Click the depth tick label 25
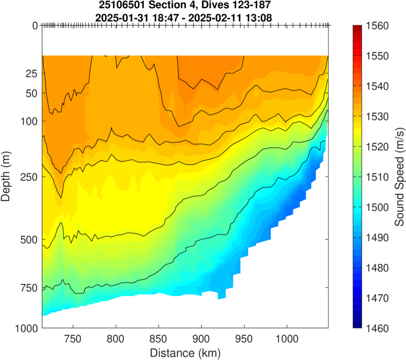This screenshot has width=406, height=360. click(x=32, y=74)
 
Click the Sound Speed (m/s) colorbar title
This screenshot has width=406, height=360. click(x=399, y=177)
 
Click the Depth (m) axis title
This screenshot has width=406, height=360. click(x=7, y=177)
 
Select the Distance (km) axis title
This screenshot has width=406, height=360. click(x=185, y=351)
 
